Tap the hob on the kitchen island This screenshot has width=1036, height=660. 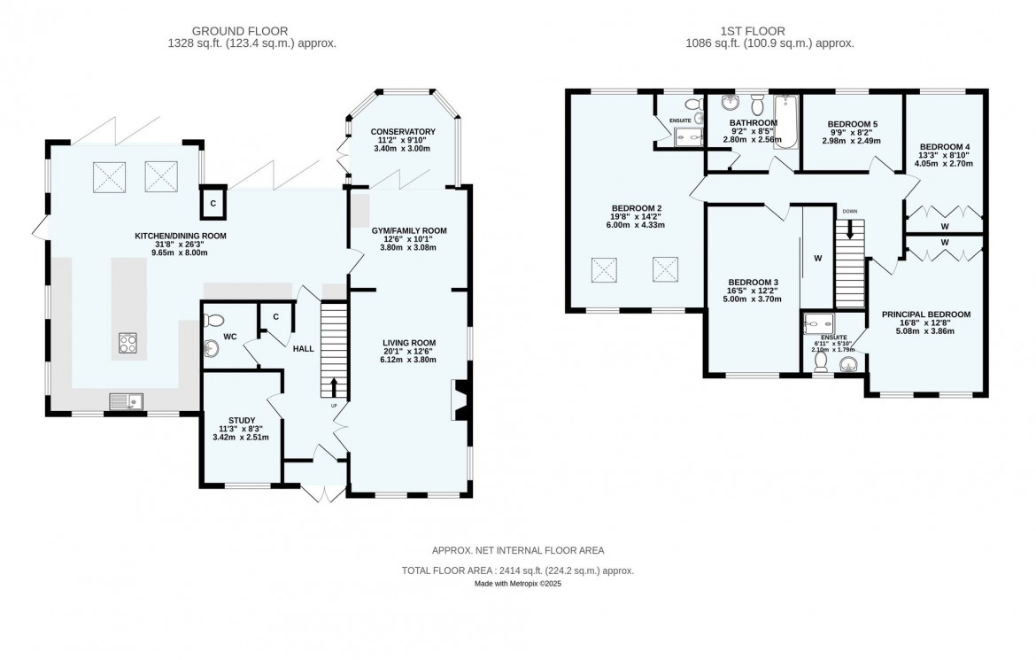coord(128,343)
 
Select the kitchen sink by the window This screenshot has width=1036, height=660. coord(126,402)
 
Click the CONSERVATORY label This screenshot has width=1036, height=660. coord(403,132)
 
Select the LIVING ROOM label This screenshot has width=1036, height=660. coord(409,342)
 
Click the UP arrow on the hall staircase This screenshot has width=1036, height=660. coord(334,386)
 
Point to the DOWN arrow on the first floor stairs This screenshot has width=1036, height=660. coord(850,229)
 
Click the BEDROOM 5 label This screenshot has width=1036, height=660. coord(853,124)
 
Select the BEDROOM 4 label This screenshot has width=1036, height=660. coord(945,146)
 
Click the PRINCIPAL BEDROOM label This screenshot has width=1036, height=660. coord(925,314)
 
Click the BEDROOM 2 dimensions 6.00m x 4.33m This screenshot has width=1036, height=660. coord(635,225)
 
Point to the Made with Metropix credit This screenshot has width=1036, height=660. coord(518,584)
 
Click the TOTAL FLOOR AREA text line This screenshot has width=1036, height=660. coord(518,571)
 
